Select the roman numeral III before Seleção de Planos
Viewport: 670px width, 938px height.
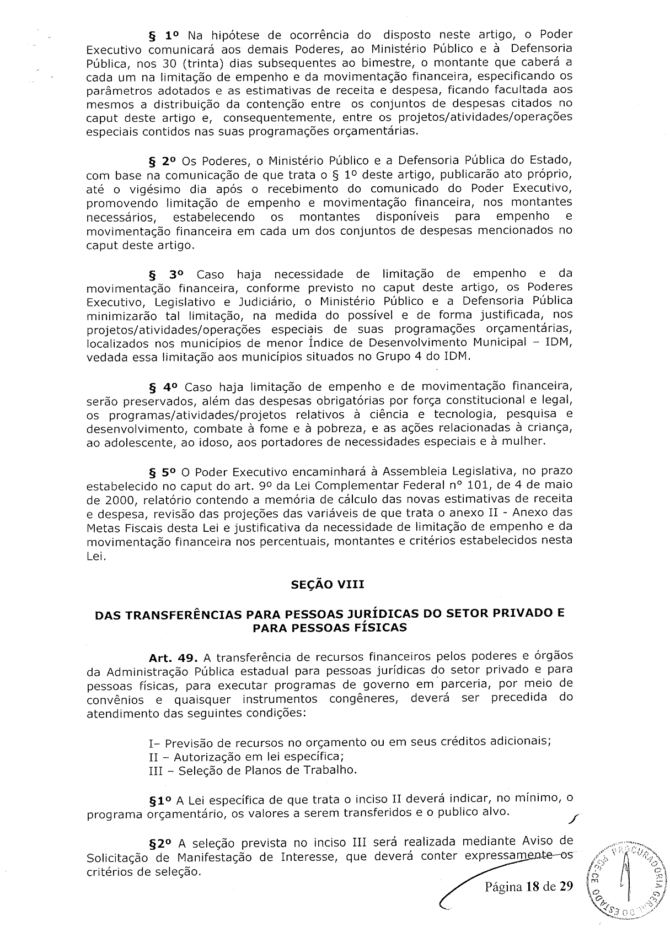[x=157, y=770]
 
